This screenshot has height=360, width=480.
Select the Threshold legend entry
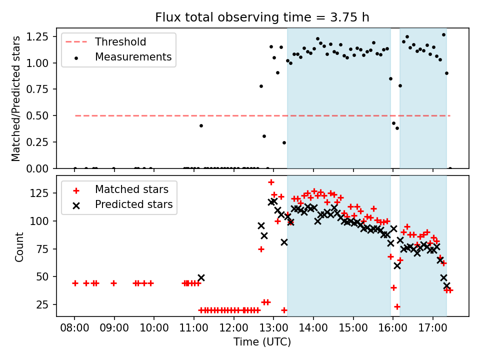tap(106, 42)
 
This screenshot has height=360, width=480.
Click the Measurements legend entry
tap(122, 57)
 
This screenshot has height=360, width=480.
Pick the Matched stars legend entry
tap(120, 190)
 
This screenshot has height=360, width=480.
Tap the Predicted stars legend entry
tap(122, 204)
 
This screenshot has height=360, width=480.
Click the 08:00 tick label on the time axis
tap(74, 328)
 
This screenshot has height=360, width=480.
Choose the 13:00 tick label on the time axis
tap(273, 328)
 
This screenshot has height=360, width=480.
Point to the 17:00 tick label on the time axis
tap(433, 328)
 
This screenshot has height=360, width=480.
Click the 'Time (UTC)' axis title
tap(262, 341)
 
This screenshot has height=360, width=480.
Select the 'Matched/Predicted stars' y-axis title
tap(16, 98)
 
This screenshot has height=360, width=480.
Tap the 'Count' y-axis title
tap(19, 247)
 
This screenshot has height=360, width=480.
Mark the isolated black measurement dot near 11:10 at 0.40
tap(201, 126)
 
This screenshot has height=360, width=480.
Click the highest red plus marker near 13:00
tap(271, 182)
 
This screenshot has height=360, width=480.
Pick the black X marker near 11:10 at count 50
tap(201, 278)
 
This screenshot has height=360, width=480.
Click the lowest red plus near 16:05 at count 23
tap(397, 306)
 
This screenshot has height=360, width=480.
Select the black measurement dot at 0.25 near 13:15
tap(284, 143)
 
